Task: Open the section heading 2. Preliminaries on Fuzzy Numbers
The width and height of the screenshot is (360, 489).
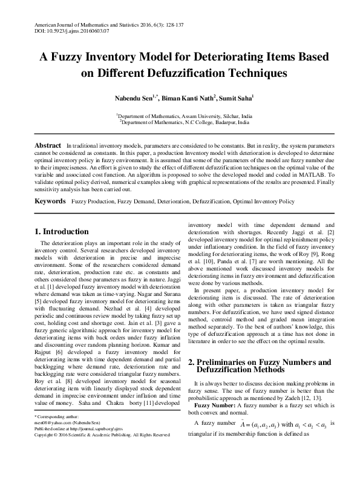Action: pyautogui.click(x=260, y=363)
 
